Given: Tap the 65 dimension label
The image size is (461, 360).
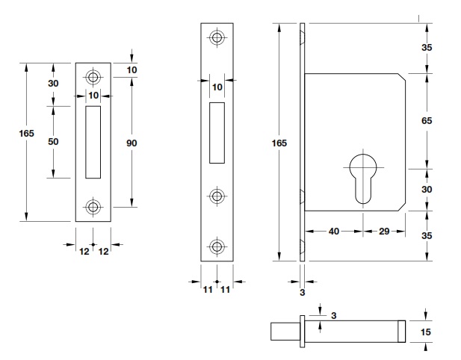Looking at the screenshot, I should click(427, 120).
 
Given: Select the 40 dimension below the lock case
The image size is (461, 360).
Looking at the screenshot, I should click(334, 231).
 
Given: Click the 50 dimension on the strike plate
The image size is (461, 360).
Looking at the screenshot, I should click(53, 141).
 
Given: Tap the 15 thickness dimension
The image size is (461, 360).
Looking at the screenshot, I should click(427, 332).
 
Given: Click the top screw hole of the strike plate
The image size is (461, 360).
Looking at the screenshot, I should click(93, 76).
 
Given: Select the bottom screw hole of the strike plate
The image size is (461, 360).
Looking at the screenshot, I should click(93, 206).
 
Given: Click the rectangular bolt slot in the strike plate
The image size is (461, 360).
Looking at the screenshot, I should click(93, 142).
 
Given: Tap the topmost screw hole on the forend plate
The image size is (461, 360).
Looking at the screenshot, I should click(217, 37).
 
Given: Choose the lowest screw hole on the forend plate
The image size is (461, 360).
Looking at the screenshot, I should click(217, 246).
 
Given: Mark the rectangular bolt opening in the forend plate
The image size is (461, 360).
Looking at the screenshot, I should click(217, 132).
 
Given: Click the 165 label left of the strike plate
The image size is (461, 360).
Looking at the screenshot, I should click(26, 133).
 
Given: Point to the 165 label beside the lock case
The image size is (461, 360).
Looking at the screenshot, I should click(279, 142).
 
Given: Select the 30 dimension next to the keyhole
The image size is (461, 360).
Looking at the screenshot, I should click(427, 189).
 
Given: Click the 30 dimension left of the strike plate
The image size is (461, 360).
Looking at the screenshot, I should click(53, 83).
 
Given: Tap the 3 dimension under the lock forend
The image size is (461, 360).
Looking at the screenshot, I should click(303, 293).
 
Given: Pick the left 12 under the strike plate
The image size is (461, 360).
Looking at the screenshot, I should click(84, 252).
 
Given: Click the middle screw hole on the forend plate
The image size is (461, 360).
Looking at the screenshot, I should click(217, 196).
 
